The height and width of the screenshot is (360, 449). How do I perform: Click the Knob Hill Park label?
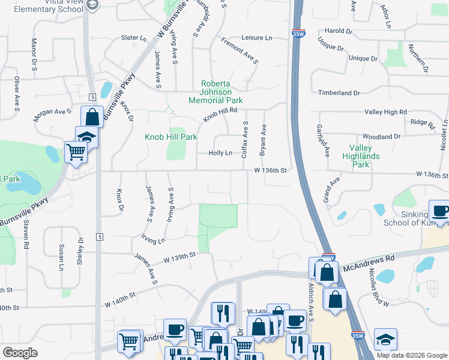[x=171, y=137]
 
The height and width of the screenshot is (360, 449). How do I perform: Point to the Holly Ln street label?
[x=220, y=153]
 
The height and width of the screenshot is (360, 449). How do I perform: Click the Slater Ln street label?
[x=134, y=38]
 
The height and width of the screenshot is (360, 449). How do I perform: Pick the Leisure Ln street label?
[x=257, y=38]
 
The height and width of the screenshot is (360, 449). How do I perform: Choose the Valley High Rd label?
[x=386, y=112]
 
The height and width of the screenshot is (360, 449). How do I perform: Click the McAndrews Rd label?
[x=368, y=260]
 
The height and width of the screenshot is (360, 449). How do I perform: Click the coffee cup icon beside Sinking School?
[x=440, y=212]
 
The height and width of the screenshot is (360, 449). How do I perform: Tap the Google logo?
[x=20, y=353]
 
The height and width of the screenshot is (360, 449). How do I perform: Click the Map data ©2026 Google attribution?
[x=412, y=355]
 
